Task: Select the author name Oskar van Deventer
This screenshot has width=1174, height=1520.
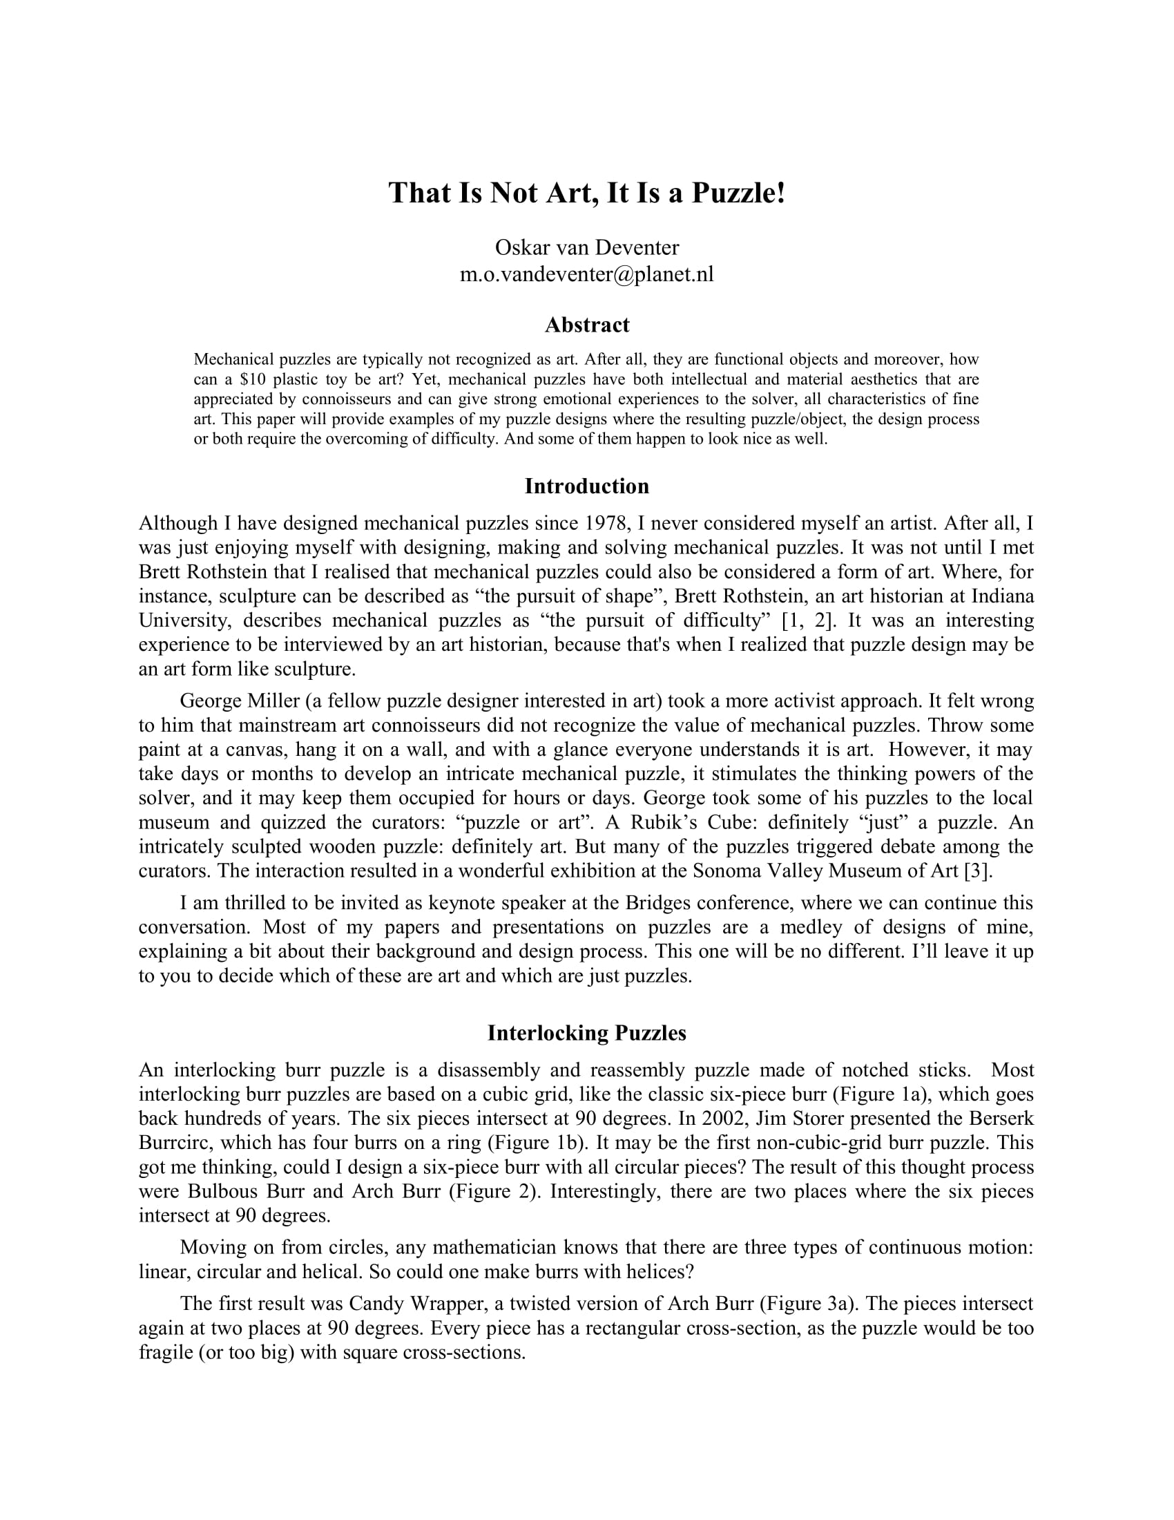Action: (586, 247)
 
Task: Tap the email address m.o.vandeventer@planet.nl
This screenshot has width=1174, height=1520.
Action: (586, 274)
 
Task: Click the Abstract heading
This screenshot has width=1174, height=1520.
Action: (586, 325)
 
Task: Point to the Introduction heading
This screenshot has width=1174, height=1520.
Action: (586, 486)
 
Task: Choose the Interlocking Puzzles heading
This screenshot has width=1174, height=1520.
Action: (586, 1033)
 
